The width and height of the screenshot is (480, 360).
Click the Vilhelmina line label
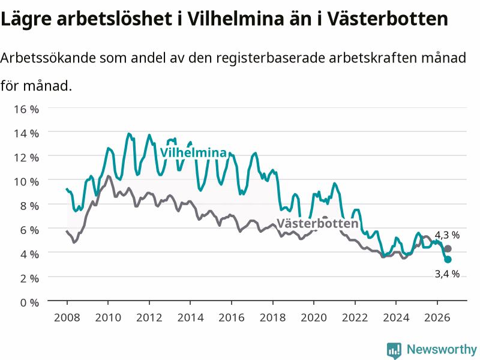[x=193, y=152]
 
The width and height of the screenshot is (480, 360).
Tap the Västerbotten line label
[x=317, y=223]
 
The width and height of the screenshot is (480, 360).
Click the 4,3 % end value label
[x=447, y=235]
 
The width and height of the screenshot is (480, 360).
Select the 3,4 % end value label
[x=447, y=274]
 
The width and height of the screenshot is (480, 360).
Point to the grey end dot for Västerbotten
[x=448, y=248]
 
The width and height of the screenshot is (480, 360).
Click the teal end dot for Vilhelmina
[x=448, y=260]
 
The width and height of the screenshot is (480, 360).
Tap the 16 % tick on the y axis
[x=26, y=109]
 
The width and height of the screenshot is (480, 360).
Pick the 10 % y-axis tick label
[x=26, y=182]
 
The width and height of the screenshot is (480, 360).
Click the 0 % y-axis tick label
[x=29, y=302]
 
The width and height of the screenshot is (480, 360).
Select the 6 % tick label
[x=29, y=230]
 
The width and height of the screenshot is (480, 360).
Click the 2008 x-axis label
[x=67, y=317]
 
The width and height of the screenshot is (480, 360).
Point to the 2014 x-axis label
[x=190, y=317]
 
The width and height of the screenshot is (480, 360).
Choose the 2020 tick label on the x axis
[x=314, y=317]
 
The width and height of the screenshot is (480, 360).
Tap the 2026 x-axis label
[x=437, y=317]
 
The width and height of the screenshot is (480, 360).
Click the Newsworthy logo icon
[x=394, y=350]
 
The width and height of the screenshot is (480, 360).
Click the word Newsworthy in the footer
[x=442, y=349]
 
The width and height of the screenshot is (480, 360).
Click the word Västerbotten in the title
[x=387, y=19]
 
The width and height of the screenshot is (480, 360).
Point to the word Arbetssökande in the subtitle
[x=48, y=58]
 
